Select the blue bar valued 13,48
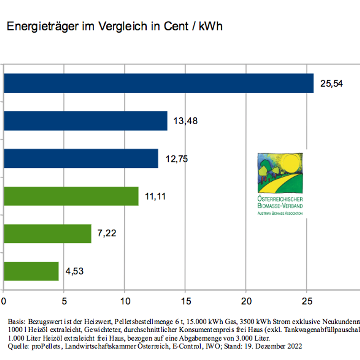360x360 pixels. point(85,121)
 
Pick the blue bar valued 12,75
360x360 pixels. point(81,159)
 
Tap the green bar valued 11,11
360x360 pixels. point(71,196)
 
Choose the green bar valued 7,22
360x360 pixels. point(47,234)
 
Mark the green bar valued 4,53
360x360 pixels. point(31,271)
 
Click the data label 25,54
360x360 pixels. point(331,84)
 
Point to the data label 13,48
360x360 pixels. point(185,121)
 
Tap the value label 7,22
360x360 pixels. point(107,234)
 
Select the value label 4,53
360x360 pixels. point(74,271)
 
